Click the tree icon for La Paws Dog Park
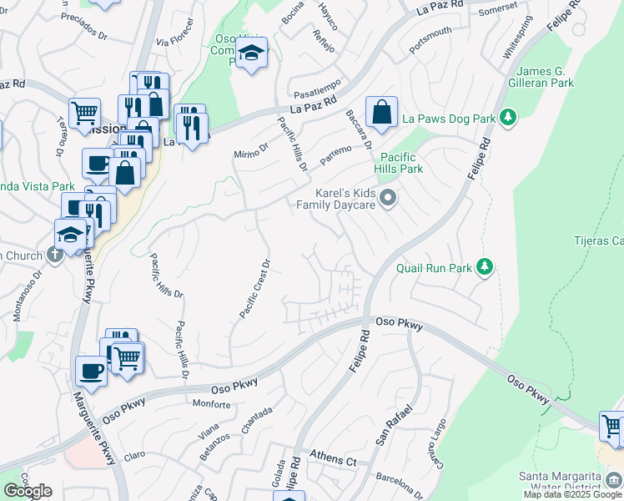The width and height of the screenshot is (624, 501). pos(506,119)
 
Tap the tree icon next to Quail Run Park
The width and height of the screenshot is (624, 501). pos(484,268)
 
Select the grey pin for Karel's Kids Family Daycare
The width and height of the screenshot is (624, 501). pos(387,199)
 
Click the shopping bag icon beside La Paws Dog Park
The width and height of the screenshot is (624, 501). pos(381,112)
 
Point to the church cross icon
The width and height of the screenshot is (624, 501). pos(56,255)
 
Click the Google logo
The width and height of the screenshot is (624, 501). pos(28,491)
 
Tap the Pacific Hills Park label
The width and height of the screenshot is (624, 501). pos(401,163)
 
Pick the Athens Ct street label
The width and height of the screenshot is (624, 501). pos(333,458)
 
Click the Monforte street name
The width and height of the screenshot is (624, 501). pos(211,404)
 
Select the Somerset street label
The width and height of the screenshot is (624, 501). pos(498,10)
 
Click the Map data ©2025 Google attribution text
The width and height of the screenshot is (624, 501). pos(572,494)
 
